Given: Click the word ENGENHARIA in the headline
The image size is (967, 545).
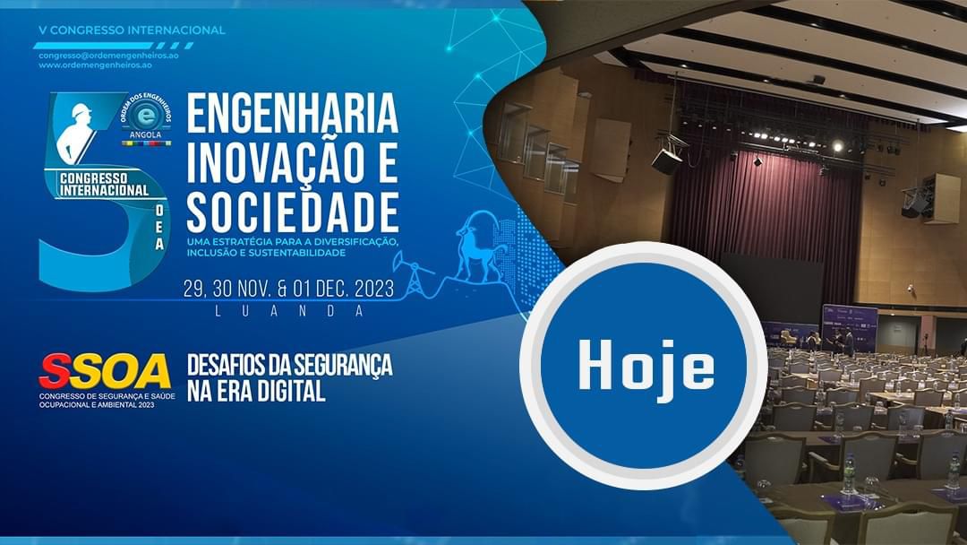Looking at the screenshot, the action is [x=292, y=113].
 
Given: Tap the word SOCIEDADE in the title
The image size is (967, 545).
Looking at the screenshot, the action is [x=292, y=212].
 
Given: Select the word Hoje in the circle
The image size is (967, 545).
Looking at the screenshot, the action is [x=646, y=366].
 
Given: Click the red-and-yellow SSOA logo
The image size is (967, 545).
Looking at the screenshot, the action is [x=104, y=372].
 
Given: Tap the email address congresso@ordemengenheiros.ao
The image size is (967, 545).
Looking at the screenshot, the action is [x=108, y=55].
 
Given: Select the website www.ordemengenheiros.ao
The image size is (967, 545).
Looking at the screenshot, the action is [x=95, y=65].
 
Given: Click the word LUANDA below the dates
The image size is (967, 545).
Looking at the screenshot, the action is [x=288, y=312].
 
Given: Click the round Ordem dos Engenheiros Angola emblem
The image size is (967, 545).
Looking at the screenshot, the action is [x=146, y=118].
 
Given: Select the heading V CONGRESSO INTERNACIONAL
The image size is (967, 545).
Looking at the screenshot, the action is [x=132, y=30].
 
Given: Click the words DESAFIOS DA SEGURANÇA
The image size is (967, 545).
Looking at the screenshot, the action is [x=290, y=365].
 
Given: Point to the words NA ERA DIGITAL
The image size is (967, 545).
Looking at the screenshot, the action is [x=256, y=392].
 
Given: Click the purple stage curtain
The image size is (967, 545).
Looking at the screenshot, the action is [x=765, y=210].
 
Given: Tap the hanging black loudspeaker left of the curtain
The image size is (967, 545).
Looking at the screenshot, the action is [x=667, y=160].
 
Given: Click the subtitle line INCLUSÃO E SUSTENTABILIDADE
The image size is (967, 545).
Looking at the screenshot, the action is [x=267, y=253].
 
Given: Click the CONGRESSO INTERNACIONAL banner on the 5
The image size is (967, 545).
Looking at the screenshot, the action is [x=104, y=185].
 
